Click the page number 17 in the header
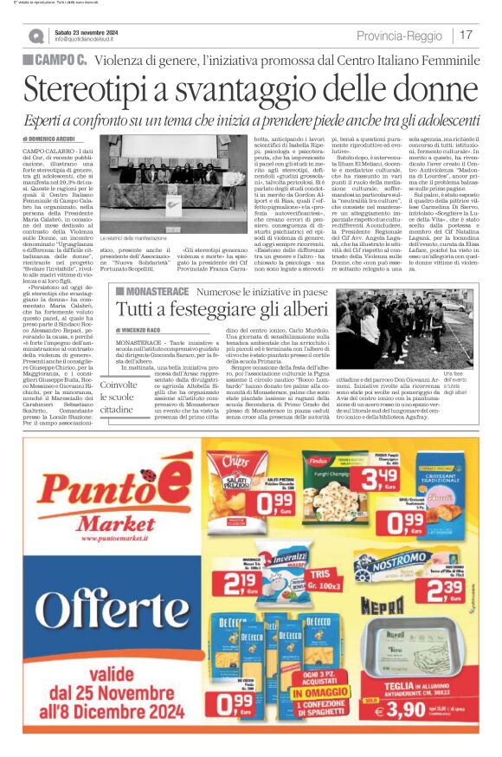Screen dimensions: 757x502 [x=466, y=35]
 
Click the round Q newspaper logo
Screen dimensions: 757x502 [x=35, y=36]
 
